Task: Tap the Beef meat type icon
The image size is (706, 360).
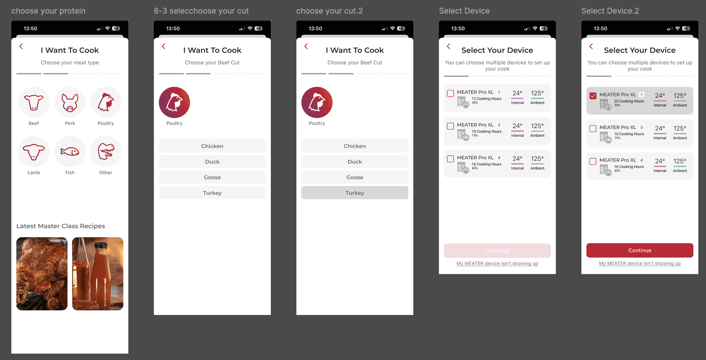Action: [34, 102]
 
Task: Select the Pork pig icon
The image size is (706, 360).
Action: [70, 102]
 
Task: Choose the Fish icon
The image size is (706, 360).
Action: [70, 152]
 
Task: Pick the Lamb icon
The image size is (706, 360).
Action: [34, 152]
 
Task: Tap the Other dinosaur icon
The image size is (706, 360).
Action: [106, 152]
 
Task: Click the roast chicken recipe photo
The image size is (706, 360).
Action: [42, 274]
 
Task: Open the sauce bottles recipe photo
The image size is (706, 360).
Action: [98, 274]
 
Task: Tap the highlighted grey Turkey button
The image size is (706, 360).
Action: [355, 193]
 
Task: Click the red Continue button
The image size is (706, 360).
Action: [640, 250]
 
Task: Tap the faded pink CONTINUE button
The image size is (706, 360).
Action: [497, 251]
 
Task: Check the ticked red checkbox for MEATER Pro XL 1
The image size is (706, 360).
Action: [593, 96]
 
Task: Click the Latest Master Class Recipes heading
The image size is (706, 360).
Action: [61, 226]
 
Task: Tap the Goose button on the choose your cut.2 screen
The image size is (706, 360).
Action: [355, 177]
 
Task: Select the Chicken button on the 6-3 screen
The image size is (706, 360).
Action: [212, 146]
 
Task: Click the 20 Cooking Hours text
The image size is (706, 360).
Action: [629, 101]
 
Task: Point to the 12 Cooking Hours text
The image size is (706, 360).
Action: [486, 99]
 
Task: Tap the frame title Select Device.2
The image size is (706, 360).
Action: [610, 11]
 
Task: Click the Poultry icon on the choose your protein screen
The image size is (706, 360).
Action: [106, 102]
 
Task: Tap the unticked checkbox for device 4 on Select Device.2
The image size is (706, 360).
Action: [593, 161]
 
